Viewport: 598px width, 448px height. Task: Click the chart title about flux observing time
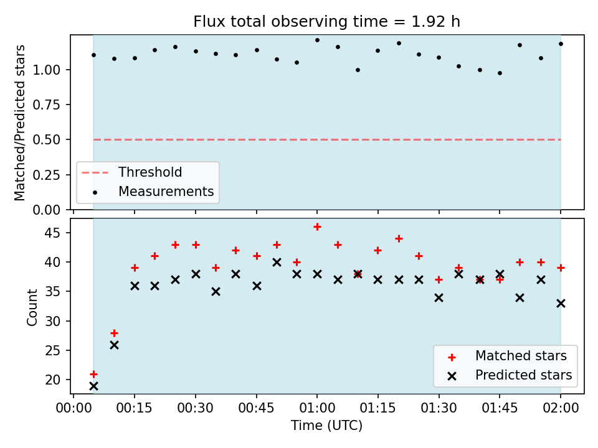tap(326, 22)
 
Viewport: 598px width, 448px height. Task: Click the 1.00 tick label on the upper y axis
tap(46, 70)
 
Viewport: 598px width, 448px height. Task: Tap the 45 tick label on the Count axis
tap(52, 233)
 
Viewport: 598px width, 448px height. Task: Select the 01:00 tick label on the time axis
tap(317, 408)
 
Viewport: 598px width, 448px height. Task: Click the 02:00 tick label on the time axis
tap(561, 408)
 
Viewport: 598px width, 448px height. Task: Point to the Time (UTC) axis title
tap(327, 425)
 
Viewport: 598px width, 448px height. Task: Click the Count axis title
tap(32, 307)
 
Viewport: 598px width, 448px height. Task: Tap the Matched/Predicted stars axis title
tap(19, 123)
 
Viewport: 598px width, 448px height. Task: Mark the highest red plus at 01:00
tap(317, 227)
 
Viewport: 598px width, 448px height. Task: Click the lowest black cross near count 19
tap(93, 386)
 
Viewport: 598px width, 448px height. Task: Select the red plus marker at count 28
tap(114, 334)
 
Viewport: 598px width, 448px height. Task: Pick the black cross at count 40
tap(277, 262)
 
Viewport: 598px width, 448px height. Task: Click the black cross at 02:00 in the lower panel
tap(561, 304)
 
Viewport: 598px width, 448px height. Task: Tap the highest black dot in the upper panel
tap(317, 40)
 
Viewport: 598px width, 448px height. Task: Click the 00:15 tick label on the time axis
tap(135, 408)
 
